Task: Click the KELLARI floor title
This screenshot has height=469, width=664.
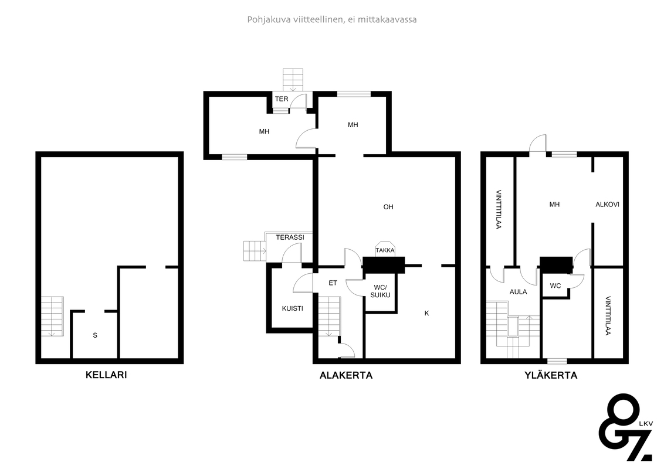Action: [106, 375]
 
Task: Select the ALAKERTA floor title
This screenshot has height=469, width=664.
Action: [346, 375]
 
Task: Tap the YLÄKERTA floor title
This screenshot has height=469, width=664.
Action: [551, 375]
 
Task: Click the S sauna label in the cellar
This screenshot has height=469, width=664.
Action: [95, 335]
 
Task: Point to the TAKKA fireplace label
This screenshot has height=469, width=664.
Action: [385, 250]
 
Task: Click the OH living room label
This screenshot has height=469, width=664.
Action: [388, 207]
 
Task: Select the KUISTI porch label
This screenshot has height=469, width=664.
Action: [293, 308]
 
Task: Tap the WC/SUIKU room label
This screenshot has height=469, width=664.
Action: [380, 291]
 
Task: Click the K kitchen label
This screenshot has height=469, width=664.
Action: [427, 313]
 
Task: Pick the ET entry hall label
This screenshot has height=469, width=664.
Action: [333, 283]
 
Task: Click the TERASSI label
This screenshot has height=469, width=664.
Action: [290, 237]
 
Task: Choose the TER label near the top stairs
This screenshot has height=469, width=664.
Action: [282, 99]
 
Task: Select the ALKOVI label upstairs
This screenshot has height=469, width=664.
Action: [607, 205]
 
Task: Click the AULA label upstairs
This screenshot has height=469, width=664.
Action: [519, 291]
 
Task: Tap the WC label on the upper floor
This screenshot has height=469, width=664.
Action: [555, 286]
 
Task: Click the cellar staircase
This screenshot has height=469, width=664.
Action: [52, 317]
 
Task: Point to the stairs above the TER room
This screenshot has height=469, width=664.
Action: [293, 80]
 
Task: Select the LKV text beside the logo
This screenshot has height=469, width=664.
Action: [646, 423]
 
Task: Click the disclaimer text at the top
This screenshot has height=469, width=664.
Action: [332, 19]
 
